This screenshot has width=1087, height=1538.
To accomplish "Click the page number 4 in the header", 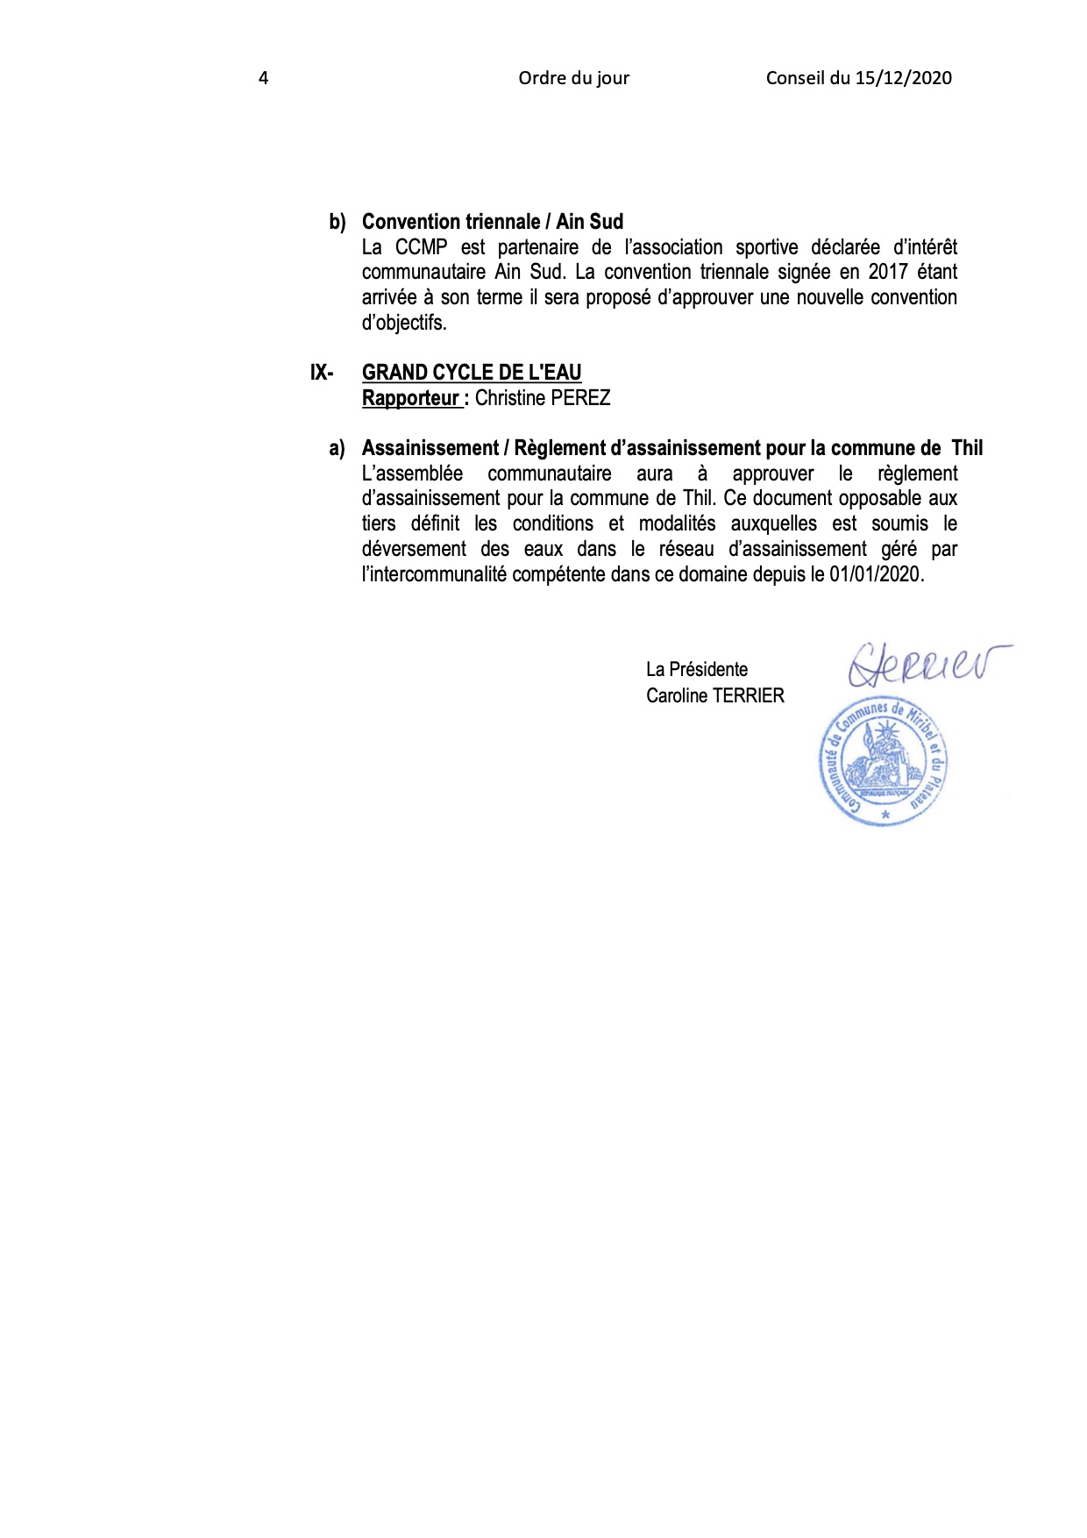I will [263, 78].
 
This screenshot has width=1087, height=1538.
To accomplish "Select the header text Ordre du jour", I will [573, 78].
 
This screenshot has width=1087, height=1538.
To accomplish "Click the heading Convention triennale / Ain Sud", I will [492, 222].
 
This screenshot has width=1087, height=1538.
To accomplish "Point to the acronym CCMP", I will [421, 247].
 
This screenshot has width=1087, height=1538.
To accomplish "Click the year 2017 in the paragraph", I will [888, 272].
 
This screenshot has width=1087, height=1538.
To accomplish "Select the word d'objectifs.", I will [404, 323].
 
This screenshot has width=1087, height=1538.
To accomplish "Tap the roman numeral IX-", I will [322, 373].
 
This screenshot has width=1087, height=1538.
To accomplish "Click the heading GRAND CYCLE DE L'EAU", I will [472, 373].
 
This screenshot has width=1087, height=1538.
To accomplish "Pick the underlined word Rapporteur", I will [410, 398].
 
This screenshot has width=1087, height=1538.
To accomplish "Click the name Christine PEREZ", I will [543, 398].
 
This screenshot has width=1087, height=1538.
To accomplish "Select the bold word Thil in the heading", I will [967, 448].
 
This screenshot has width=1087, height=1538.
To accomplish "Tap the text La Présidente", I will [697, 670].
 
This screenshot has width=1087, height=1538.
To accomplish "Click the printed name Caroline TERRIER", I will [715, 696].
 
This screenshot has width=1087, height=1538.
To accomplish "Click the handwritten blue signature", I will [925, 665].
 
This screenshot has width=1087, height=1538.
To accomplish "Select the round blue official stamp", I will [884, 763].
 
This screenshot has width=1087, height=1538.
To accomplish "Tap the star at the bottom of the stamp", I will [885, 815].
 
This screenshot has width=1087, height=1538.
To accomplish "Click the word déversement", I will [414, 550].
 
